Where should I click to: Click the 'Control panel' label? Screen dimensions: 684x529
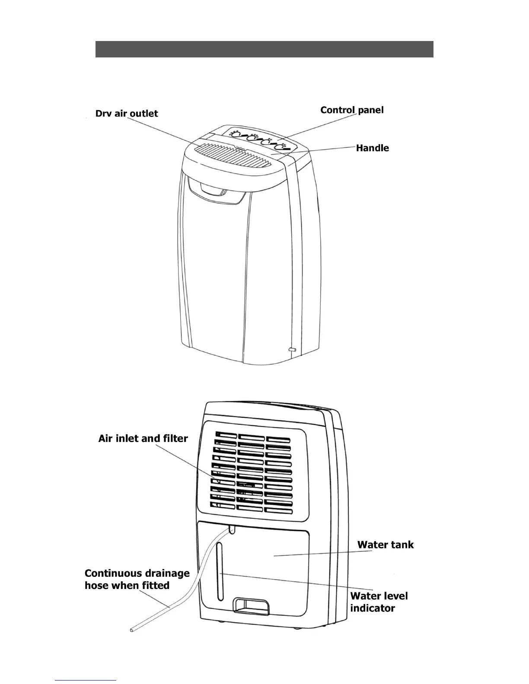[352, 110]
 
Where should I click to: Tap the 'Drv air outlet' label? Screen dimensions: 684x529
[127, 114]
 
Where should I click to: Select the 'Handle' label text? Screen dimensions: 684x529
[372, 148]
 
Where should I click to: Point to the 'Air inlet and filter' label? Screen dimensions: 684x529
[143, 439]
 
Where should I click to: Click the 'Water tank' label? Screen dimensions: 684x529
[385, 545]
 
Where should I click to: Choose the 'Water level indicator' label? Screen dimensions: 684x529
[379, 602]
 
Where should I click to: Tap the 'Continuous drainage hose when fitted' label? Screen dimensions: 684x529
[137, 579]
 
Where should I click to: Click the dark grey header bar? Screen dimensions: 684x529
[264, 49]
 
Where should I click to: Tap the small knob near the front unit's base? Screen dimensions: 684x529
[292, 349]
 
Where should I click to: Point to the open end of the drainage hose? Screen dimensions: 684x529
[132, 630]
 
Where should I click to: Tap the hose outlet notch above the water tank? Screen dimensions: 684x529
[232, 529]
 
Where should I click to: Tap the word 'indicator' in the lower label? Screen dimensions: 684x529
[373, 608]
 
